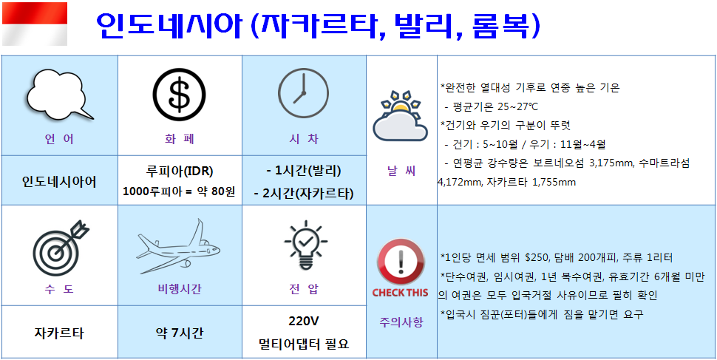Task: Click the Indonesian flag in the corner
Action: (35, 24)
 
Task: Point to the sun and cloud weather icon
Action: (400, 116)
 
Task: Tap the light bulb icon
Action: (305, 245)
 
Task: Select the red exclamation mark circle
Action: (401, 262)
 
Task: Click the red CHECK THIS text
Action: (400, 292)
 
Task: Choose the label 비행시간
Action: (179, 289)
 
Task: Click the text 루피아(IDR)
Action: (178, 171)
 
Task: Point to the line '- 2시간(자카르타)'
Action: (304, 194)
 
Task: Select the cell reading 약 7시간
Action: (179, 333)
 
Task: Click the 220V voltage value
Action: (304, 321)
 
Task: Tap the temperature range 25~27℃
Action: (517, 107)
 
